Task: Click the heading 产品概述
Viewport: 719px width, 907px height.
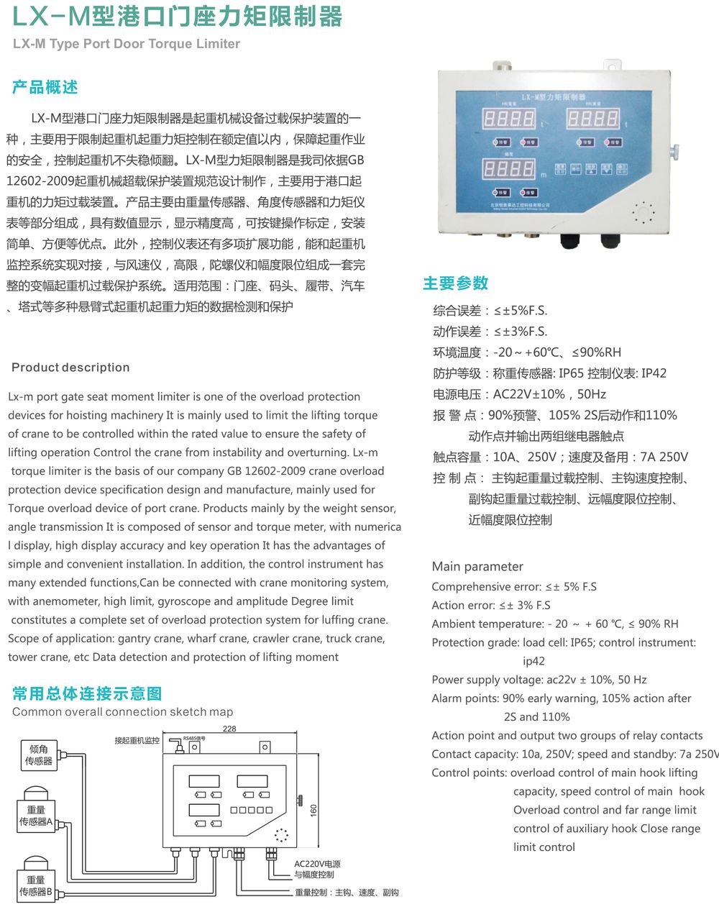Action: pos(45,88)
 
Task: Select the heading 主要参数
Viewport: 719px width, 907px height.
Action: pos(455,283)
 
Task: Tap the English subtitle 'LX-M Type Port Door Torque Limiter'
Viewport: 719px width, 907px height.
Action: pos(127,44)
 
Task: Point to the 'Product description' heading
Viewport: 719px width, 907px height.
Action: pos(70,368)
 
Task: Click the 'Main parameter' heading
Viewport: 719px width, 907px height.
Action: pos(477,567)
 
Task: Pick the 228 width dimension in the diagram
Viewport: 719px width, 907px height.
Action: pos(229,729)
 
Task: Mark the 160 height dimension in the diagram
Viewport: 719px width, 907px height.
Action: pos(313,810)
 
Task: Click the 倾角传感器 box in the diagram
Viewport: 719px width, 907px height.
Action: pos(39,755)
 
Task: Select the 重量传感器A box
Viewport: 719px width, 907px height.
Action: pos(36,816)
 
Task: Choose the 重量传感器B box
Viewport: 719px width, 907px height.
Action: pos(36,885)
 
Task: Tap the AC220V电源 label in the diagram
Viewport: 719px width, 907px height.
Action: pos(317,864)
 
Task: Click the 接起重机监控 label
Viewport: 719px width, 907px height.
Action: pos(137,740)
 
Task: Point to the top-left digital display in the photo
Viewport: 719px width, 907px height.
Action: pos(509,118)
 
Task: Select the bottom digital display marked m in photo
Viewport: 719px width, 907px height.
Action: pos(509,170)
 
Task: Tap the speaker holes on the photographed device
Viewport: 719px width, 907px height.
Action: pos(644,211)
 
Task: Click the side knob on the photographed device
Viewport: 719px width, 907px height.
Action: pos(674,151)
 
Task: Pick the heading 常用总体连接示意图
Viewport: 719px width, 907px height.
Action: pos(87,694)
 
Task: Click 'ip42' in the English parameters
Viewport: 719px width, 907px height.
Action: pos(533,661)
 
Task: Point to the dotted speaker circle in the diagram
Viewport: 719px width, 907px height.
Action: pos(281,835)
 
